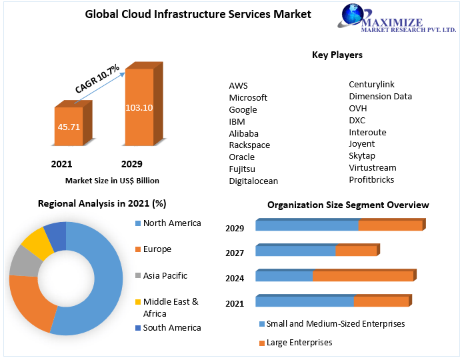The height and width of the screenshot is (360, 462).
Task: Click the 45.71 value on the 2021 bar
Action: [69, 126]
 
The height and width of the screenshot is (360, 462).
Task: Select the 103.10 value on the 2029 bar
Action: [139, 107]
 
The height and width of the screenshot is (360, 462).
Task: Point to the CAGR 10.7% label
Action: [97, 79]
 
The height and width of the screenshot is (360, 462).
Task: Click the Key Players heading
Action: [337, 55]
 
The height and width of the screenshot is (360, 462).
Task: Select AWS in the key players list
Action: [238, 86]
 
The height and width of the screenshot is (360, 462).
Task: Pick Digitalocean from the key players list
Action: [253, 181]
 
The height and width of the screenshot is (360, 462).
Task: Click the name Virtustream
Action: [372, 167]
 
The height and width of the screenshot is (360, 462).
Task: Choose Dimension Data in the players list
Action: [380, 96]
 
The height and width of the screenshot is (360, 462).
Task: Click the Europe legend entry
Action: [157, 249]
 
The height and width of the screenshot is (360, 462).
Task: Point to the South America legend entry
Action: [171, 327]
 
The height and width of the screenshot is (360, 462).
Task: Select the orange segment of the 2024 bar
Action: [363, 276]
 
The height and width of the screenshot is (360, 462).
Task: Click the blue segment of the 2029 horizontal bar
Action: [307, 225]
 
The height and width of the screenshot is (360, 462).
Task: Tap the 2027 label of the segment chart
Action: [235, 253]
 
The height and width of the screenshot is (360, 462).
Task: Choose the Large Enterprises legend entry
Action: [299, 343]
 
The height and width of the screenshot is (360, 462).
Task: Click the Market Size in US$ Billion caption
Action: [112, 181]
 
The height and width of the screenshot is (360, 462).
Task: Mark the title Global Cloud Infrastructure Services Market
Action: [198, 14]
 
